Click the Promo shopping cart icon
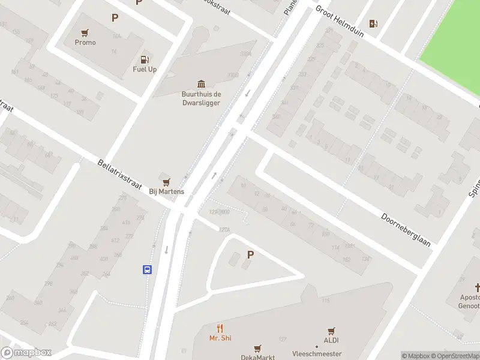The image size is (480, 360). (85, 32)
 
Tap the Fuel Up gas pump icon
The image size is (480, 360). (144, 59)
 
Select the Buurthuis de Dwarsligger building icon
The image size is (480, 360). (201, 84)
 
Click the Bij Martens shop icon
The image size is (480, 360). (166, 181)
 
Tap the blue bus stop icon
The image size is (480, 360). (147, 269)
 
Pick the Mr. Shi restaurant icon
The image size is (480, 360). (220, 328)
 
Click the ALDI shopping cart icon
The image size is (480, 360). (331, 331)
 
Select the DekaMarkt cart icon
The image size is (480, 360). (258, 348)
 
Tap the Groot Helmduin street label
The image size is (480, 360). (339, 22)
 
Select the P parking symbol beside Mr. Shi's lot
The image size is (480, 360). (250, 254)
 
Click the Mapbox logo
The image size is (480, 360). (26, 353)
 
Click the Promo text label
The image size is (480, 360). (85, 43)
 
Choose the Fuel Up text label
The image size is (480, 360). (145, 70)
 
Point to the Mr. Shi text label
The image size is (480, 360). (220, 338)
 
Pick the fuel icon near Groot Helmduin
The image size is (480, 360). (373, 23)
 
